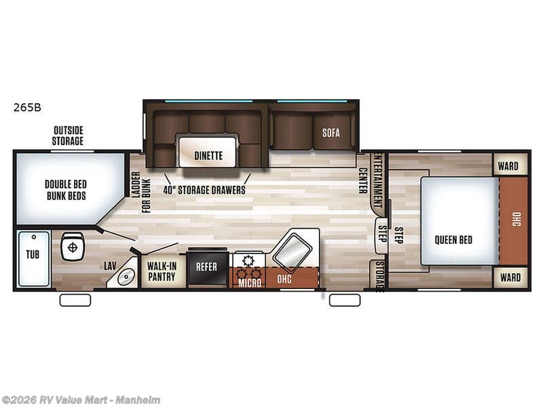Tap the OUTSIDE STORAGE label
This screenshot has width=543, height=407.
[x=68, y=136]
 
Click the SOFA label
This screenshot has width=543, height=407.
[x=331, y=132]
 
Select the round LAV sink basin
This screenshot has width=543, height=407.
[x=125, y=277]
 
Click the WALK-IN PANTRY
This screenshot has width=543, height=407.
[x=162, y=271]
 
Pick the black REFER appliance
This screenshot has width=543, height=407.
[x=206, y=267]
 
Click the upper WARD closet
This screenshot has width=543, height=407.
[x=509, y=166]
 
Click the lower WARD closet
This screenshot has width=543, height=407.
[x=509, y=277]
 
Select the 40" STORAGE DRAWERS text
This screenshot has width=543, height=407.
[x=204, y=190]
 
